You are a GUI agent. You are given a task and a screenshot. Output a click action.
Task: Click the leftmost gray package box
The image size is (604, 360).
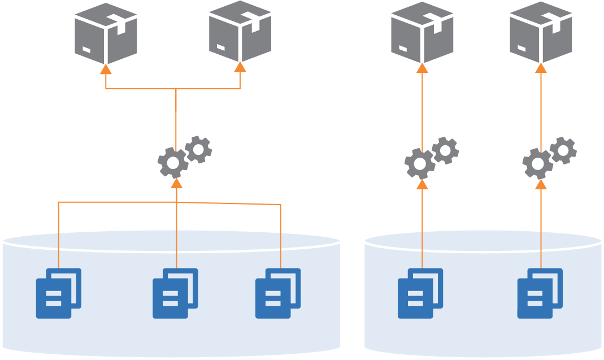(x=106, y=33)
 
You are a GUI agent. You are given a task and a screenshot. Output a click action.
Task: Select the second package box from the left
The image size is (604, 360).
(x=240, y=31)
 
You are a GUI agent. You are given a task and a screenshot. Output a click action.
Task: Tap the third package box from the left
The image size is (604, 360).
(x=422, y=32)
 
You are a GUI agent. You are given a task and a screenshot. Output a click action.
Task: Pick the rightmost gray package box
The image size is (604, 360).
(x=541, y=32)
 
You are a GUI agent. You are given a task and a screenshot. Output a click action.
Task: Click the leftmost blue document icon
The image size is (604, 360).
(x=59, y=293)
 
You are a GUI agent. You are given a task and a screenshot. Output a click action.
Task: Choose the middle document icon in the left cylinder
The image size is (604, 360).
(x=175, y=293)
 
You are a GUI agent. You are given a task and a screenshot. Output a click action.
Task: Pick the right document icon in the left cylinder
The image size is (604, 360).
(x=278, y=293)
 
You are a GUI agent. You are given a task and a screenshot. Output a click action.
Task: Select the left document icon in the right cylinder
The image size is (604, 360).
(x=420, y=293)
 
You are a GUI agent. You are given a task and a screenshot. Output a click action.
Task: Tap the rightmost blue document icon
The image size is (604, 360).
(x=540, y=293)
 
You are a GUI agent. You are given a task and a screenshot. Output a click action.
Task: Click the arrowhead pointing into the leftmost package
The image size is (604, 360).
(x=106, y=69)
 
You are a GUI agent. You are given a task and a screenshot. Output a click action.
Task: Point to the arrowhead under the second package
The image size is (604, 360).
(x=240, y=67)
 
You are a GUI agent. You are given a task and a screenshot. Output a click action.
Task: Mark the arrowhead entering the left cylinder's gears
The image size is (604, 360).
(x=176, y=183)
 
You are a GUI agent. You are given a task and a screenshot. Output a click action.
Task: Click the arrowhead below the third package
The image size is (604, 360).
(x=422, y=68)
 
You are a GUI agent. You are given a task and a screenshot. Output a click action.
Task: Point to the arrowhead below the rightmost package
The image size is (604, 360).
(x=541, y=68)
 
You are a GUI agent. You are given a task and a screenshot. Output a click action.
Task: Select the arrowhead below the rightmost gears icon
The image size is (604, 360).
(x=541, y=184)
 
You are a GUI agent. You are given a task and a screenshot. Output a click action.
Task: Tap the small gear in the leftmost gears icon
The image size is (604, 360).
(x=198, y=149)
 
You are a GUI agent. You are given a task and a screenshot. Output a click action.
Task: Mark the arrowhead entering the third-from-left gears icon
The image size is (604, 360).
(x=422, y=184)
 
